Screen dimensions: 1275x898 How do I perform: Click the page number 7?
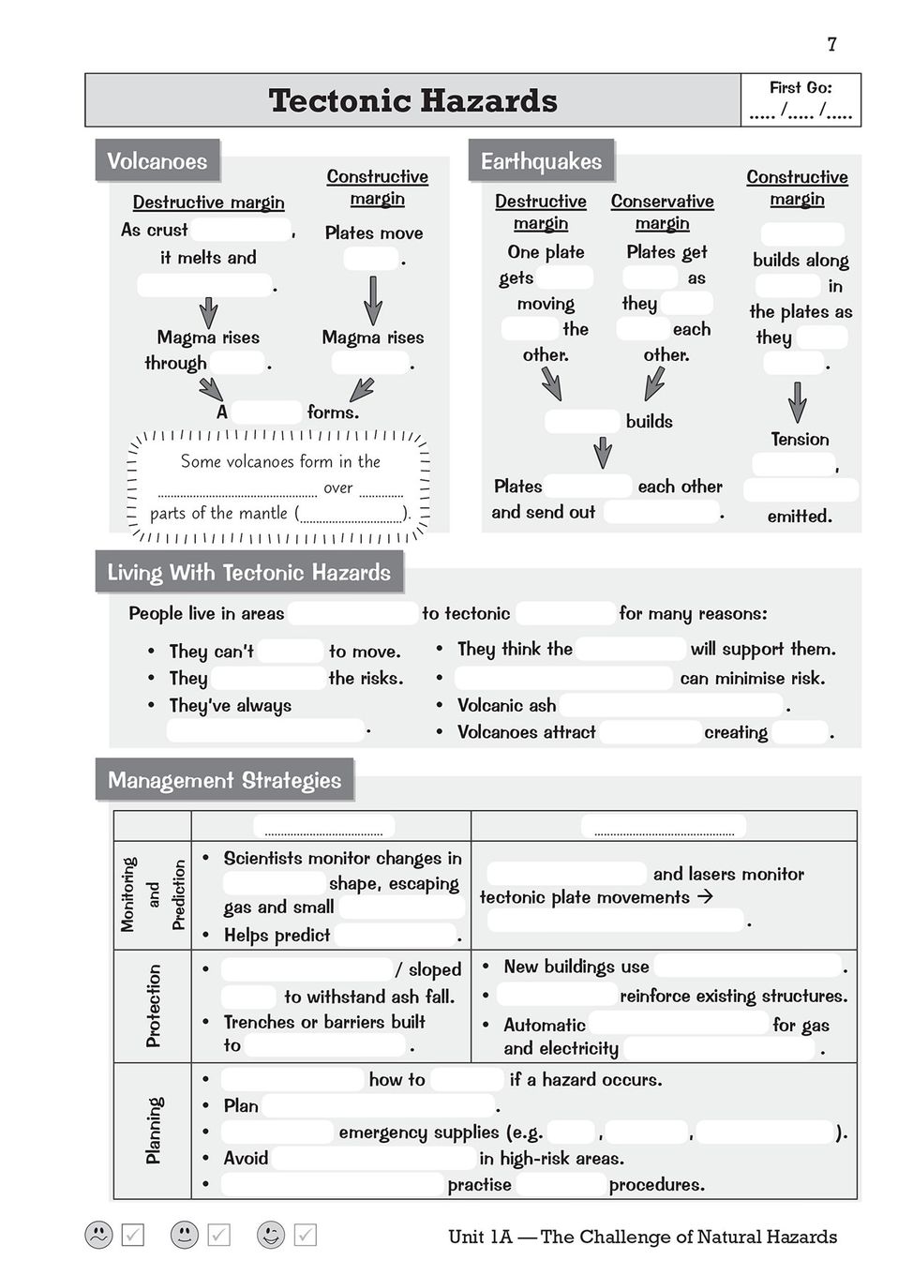coord(831,44)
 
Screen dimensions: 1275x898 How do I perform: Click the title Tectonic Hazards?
coord(412,100)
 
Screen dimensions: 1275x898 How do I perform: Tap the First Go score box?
coord(801,100)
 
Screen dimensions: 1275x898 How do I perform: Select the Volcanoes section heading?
coord(157,161)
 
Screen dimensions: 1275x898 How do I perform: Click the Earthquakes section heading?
coord(541,161)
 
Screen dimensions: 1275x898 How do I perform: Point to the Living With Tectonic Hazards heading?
coord(248,573)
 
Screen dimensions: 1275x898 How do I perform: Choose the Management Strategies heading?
coord(224,780)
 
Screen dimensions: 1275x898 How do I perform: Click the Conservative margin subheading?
coord(662,212)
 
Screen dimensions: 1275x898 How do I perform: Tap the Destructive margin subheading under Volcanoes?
coord(208,202)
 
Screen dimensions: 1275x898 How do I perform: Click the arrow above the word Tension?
coord(797,401)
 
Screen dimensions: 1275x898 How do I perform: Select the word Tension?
coord(800,439)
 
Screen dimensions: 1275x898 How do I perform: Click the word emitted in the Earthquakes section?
coord(799,516)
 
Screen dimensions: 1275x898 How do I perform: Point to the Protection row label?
coord(153,1005)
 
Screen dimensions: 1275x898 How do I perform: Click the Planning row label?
coord(153,1131)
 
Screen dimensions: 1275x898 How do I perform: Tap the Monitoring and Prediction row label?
coord(153,894)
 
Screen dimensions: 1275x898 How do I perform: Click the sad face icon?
coord(98,1235)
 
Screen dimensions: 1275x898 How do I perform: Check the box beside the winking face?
coord(306,1235)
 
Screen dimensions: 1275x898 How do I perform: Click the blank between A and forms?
coord(267,412)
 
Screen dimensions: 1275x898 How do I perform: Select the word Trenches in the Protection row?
coord(259,1022)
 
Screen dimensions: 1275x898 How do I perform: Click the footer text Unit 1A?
coord(480,1237)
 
